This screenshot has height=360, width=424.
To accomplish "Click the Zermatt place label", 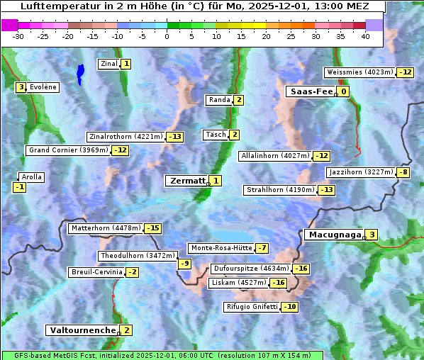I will (x=186, y=181).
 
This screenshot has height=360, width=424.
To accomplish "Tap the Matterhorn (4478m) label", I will (x=105, y=228).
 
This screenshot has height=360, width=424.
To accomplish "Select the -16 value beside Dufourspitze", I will (x=301, y=269).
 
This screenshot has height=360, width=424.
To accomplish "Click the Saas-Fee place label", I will (x=310, y=91).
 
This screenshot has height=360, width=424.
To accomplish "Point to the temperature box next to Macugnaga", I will (x=371, y=235).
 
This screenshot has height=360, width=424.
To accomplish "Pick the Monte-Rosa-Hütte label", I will (x=220, y=248).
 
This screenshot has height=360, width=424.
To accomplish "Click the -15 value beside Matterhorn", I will (x=152, y=228).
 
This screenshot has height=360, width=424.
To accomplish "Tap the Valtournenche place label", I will (x=82, y=330).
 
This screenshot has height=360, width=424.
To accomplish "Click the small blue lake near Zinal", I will (x=80, y=72).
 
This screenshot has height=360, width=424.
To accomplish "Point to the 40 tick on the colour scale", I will (x=365, y=35).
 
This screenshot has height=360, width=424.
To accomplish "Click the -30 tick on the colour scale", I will (x=18, y=35).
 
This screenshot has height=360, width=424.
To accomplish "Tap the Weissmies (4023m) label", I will (x=359, y=72).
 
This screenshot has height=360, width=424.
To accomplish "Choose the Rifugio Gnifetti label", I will (x=251, y=307).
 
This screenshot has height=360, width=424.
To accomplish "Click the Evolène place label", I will (x=43, y=87).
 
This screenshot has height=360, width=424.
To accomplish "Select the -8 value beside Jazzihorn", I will (x=403, y=172).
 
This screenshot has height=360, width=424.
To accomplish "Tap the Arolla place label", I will (x=32, y=177).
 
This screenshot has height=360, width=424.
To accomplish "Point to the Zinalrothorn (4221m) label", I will (x=125, y=137).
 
